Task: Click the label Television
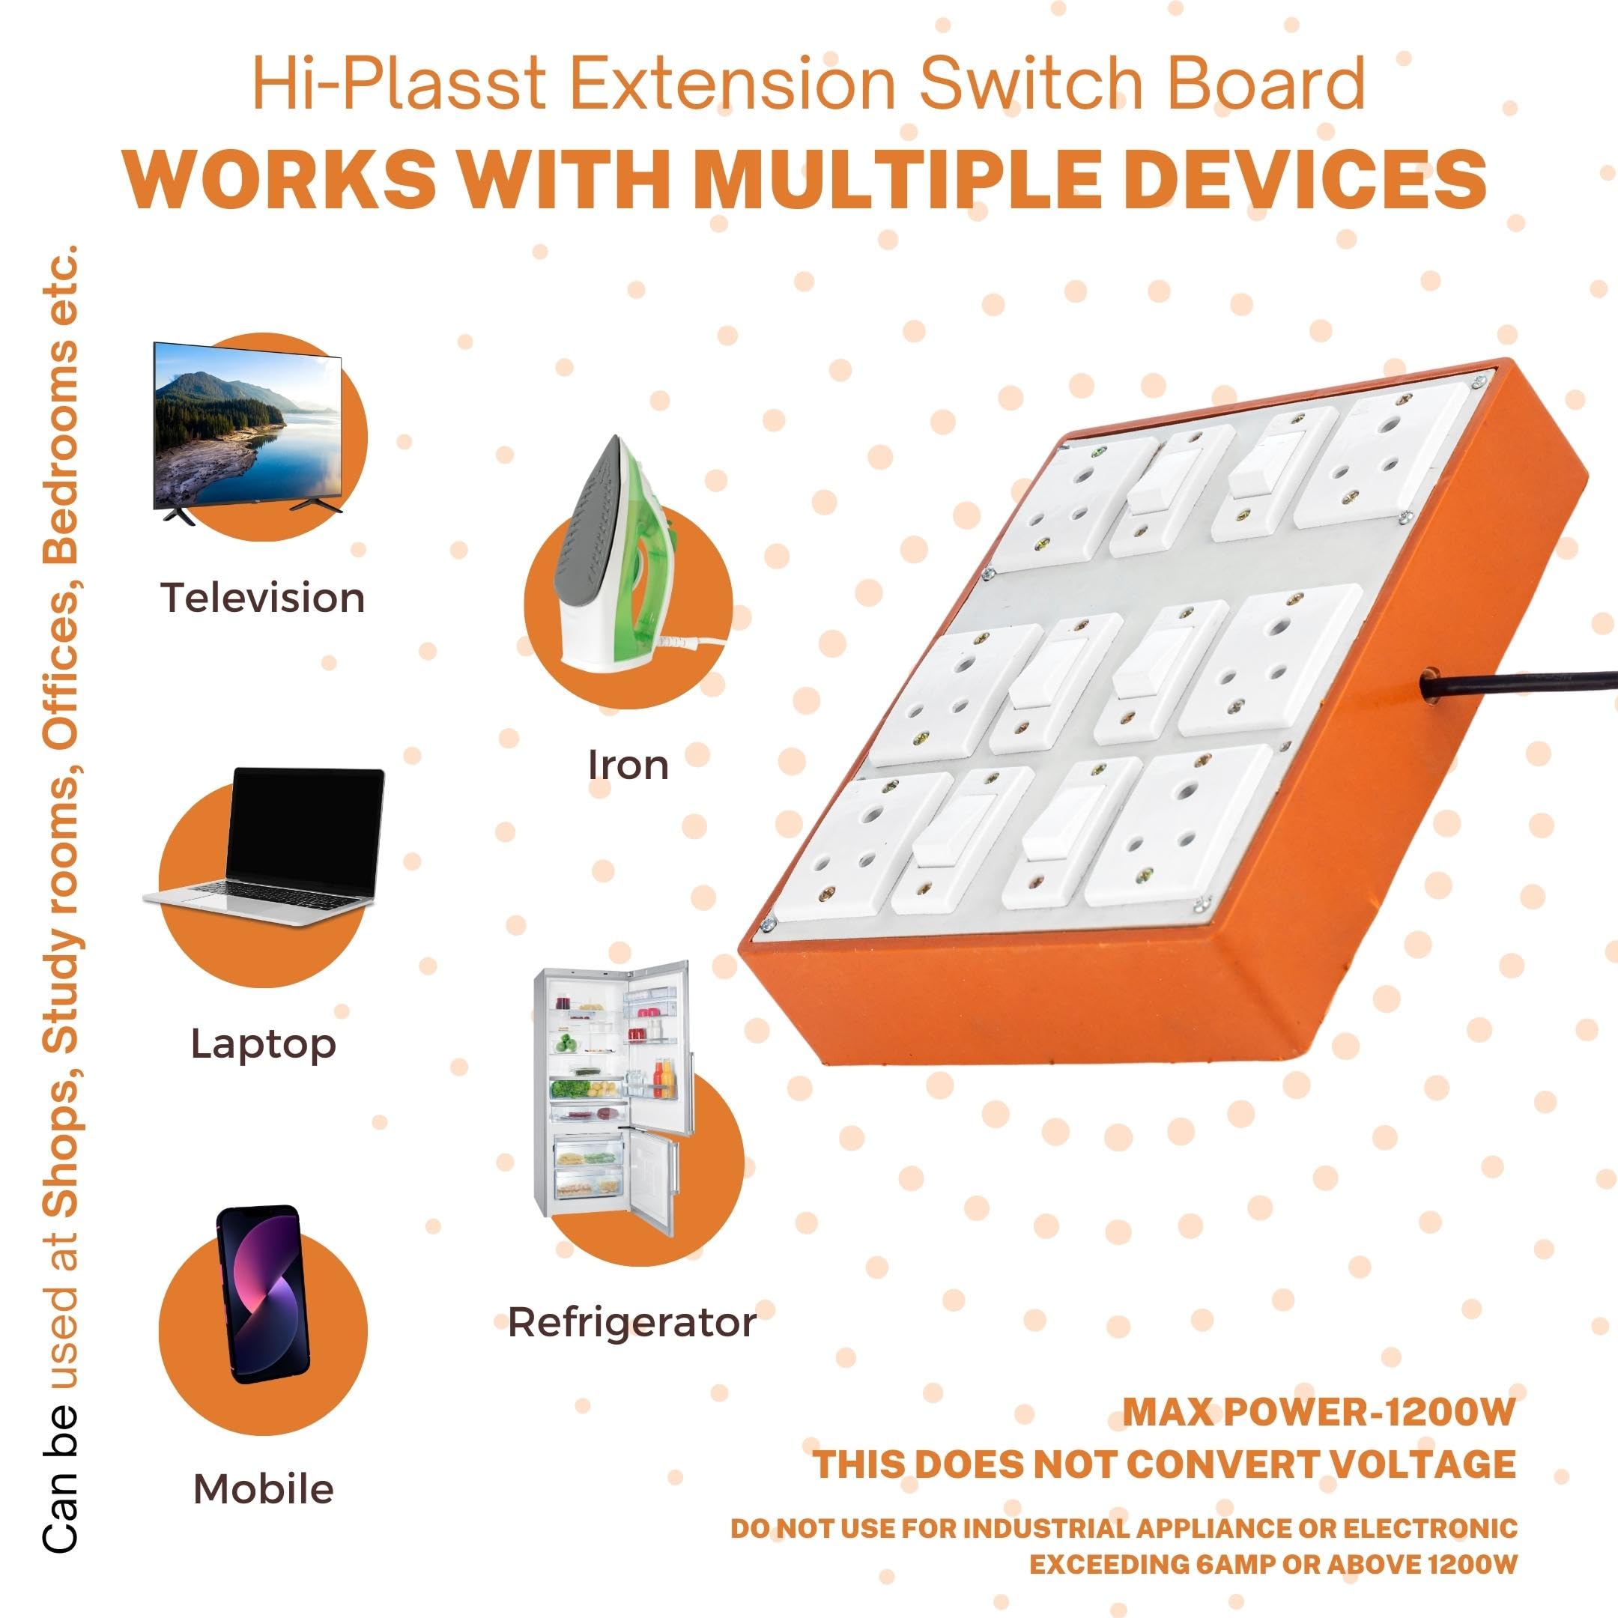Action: click(263, 598)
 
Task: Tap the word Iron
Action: click(628, 765)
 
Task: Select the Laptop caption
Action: click(264, 1045)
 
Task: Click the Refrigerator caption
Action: click(632, 1323)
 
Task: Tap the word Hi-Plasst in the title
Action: click(399, 84)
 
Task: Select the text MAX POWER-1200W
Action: click(1319, 1411)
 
